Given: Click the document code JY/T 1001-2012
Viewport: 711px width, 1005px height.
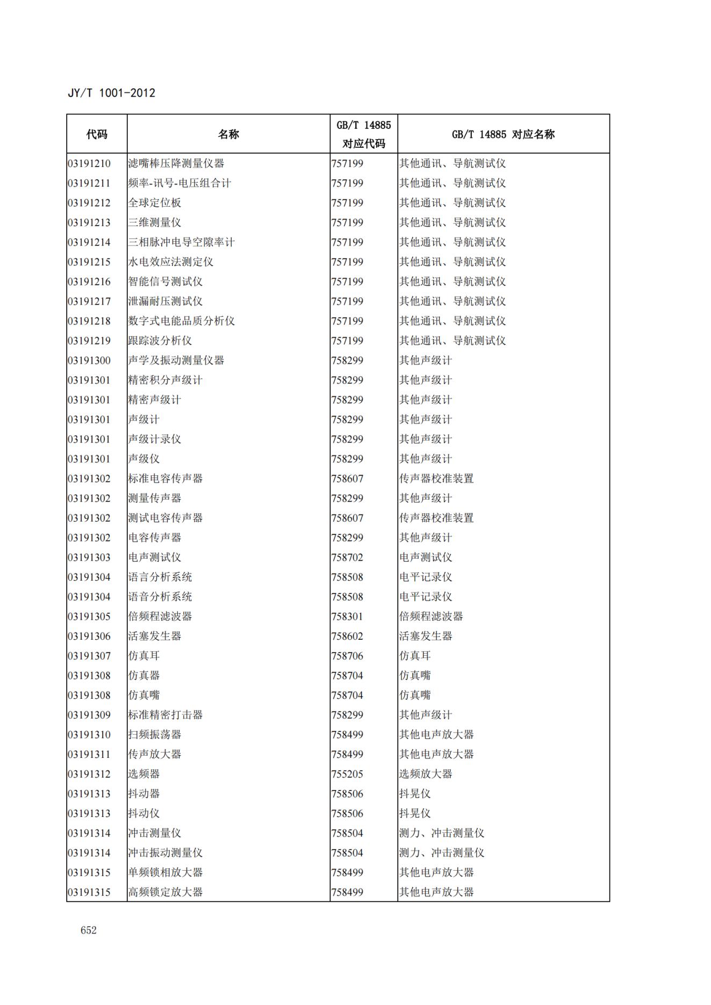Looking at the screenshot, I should (111, 93).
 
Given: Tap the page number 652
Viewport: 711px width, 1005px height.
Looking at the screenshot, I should (89, 930).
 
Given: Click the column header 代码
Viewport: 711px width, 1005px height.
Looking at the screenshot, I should (97, 134).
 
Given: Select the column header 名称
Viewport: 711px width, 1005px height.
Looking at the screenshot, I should (228, 134).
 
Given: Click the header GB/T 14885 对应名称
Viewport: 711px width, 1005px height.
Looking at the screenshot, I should (503, 134).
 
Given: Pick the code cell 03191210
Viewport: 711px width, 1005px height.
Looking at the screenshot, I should (89, 163).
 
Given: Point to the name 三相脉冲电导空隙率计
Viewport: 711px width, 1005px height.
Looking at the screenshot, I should (181, 242).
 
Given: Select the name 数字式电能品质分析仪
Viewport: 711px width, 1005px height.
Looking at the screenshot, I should (181, 321).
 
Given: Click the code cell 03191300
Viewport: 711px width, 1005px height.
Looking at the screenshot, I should (89, 360).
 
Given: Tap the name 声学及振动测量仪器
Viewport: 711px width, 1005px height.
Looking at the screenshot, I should (176, 360).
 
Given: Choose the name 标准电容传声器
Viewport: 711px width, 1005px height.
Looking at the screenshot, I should (165, 479).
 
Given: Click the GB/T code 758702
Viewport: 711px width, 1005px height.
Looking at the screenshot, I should (347, 558).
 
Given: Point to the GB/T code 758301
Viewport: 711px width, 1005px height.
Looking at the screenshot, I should (347, 617).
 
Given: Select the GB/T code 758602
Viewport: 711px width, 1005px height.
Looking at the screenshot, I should (347, 637).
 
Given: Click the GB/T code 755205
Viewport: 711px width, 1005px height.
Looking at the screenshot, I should (347, 774).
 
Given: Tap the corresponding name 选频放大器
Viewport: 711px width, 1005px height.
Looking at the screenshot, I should (425, 774).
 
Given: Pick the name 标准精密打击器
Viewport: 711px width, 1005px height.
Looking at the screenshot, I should (165, 715).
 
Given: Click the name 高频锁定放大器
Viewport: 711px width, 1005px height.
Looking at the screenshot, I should (165, 892).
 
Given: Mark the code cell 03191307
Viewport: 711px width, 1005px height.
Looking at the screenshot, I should (89, 656).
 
